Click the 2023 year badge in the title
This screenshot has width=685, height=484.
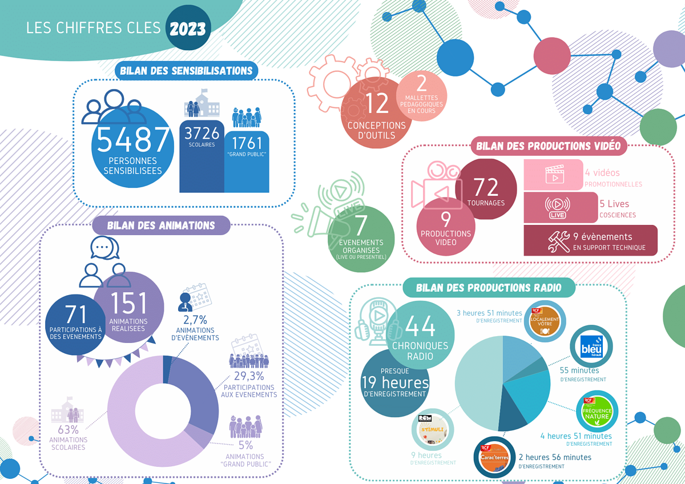[x=188, y=28]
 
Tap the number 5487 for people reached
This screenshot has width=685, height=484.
[x=134, y=140]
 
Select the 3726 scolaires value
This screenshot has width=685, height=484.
[x=202, y=133]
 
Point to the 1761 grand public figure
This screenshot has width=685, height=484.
[x=247, y=142]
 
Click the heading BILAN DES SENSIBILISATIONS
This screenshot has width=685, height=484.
[x=186, y=71]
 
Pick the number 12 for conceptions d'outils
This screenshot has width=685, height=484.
[x=377, y=104]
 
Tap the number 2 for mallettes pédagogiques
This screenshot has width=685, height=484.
[x=422, y=84]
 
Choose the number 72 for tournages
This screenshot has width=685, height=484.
[x=486, y=187]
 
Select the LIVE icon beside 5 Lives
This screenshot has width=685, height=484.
[x=557, y=208]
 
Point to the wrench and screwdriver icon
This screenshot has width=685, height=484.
[x=559, y=241]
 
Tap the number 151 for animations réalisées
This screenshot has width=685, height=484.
[x=128, y=302]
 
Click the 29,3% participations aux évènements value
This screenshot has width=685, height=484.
[x=248, y=376]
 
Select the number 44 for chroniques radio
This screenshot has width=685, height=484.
[x=420, y=327]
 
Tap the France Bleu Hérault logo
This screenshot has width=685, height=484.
[x=591, y=346]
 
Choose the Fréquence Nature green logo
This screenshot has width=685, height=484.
[x=597, y=412]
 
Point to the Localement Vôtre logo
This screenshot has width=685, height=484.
[x=545, y=321]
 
